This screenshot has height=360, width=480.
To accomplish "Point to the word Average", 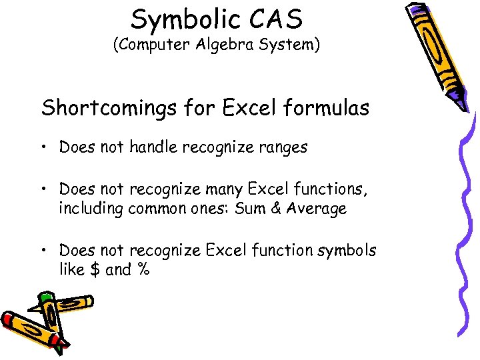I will [x=317, y=209].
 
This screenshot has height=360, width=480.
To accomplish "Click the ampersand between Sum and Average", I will [x=275, y=209].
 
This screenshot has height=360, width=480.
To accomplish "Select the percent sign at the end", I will [x=143, y=270].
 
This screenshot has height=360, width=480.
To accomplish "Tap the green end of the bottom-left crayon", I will [x=45, y=297].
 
